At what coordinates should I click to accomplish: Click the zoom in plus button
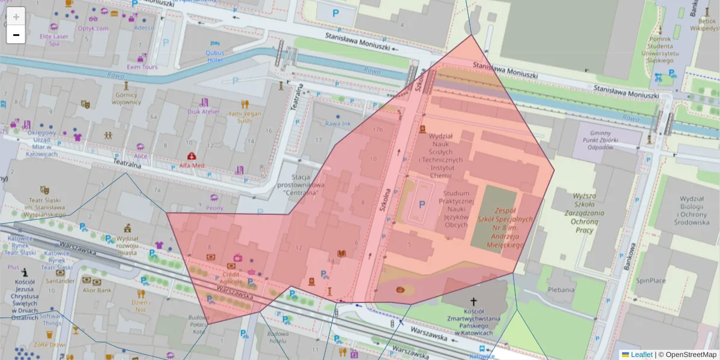point(16,17)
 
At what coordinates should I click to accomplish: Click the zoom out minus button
point(16,35)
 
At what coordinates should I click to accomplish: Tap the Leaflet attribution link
point(641,355)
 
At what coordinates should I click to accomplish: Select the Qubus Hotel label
point(215,56)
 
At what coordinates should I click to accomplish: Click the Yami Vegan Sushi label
point(244,116)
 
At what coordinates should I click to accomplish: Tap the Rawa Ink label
point(337,124)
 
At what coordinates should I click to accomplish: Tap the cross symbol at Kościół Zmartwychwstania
point(473,302)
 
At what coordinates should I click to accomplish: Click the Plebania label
point(560,290)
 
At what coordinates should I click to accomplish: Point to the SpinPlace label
point(651,280)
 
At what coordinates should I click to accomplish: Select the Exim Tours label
point(142,67)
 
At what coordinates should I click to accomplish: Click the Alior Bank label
point(97,290)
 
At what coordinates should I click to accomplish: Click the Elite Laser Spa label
point(53,40)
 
